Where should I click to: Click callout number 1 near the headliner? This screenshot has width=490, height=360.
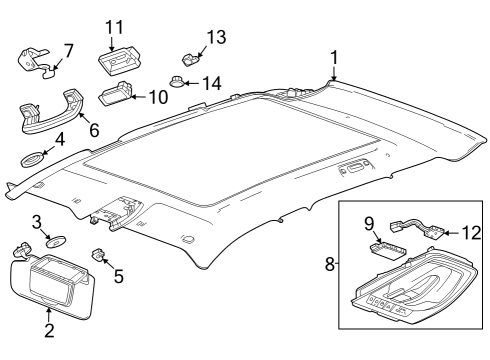pyautogui.click(x=334, y=57)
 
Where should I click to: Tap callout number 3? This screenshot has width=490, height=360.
pyautogui.click(x=35, y=221)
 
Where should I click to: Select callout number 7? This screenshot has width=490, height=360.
pyautogui.click(x=68, y=50)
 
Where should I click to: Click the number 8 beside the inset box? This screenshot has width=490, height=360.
pyautogui.click(x=329, y=265)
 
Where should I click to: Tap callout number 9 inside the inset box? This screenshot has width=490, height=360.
pyautogui.click(x=368, y=222)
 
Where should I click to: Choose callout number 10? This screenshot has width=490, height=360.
pyautogui.click(x=159, y=97)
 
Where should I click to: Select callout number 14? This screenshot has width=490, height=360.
pyautogui.click(x=213, y=83)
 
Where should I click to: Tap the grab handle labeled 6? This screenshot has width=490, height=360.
pyautogui.click(x=44, y=109)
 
